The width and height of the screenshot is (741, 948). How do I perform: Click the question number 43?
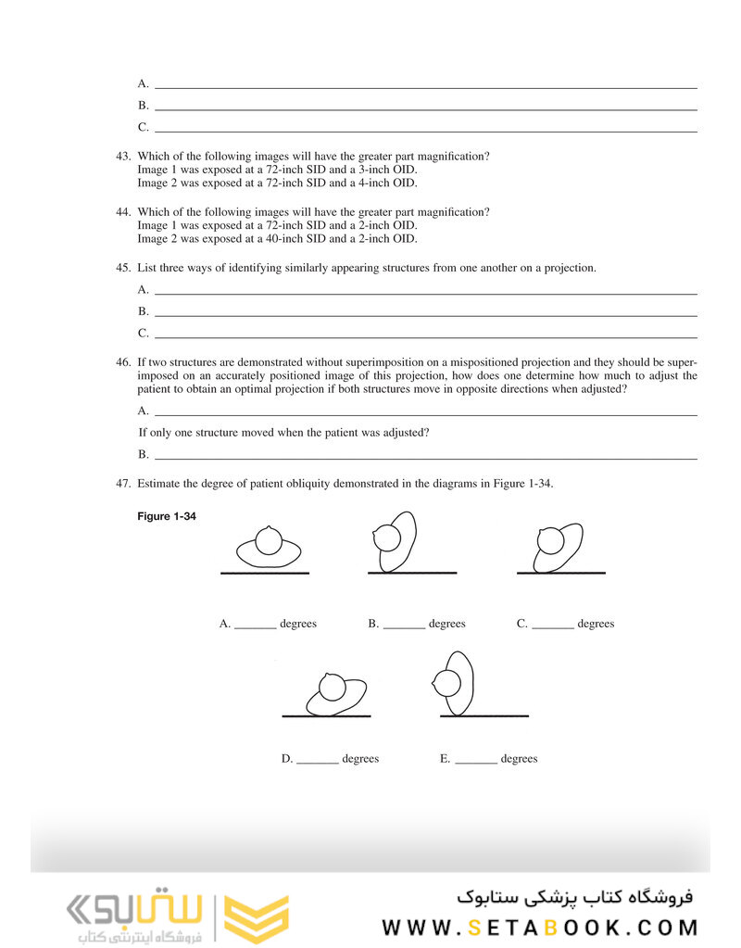pos(123,157)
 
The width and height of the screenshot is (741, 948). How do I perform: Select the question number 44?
pos(123,212)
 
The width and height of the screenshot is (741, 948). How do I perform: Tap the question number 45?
pos(123,268)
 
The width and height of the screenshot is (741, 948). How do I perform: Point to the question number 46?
pos(123,361)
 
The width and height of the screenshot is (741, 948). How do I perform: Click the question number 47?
pos(123,483)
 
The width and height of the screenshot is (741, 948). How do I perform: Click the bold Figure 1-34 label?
pos(167,516)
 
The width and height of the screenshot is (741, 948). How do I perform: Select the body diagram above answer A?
pos(268,548)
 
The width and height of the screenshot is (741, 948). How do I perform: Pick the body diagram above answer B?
pos(396,541)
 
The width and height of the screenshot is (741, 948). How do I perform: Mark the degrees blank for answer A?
pos(255,627)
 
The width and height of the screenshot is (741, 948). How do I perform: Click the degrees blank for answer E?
pos(476,763)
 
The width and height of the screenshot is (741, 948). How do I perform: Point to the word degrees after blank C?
pos(596,624)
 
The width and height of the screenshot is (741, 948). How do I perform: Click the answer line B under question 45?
pos(425,316)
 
